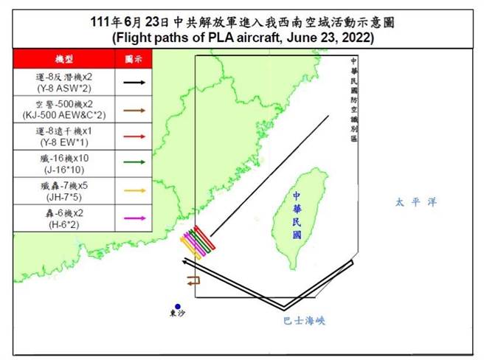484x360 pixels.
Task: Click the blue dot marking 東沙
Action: [x=178, y=306]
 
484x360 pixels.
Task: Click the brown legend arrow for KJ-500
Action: [x=134, y=110]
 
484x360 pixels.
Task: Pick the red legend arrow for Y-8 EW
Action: [x=134, y=137]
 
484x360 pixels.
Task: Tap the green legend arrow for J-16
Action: [x=134, y=164]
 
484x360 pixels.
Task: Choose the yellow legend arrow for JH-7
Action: [x=134, y=191]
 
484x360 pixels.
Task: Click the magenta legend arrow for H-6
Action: [x=134, y=218]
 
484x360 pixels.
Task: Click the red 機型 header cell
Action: [x=64, y=58]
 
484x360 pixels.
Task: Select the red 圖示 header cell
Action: [x=134, y=58]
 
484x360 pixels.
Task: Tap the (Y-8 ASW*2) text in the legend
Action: [x=64, y=89]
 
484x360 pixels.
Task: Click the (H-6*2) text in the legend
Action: [x=64, y=224]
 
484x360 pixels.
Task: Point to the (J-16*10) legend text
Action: [x=64, y=170]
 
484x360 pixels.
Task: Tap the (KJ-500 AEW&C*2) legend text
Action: [x=64, y=116]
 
